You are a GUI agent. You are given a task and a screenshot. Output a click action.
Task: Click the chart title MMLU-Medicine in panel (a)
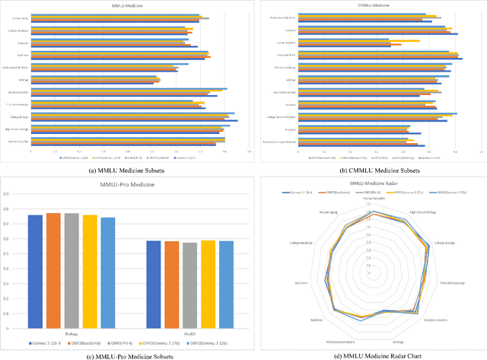122,7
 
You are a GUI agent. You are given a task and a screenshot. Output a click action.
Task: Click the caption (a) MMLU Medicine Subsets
122,170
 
